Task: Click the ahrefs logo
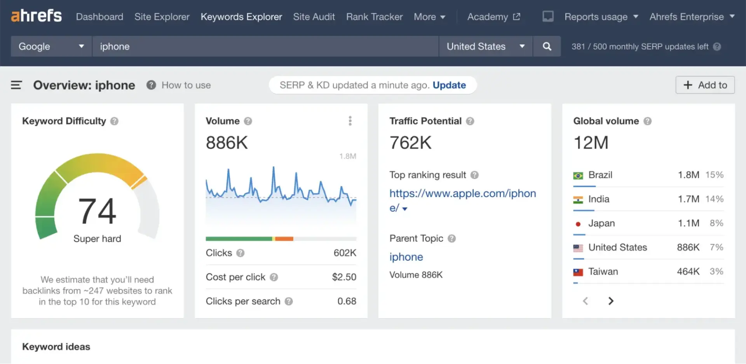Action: [x=36, y=16]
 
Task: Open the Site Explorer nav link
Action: [x=162, y=17]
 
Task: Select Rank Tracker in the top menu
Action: [x=374, y=17]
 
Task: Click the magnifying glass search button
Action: [x=547, y=47]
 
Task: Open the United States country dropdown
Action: [x=485, y=47]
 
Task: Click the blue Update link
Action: [x=449, y=85]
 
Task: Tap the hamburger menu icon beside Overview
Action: [x=16, y=85]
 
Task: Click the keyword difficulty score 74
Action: [x=97, y=211]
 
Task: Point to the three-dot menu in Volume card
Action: [x=350, y=121]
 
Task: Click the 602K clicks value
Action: [x=345, y=253]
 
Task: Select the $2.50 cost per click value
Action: [x=344, y=277]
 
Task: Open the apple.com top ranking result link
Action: [x=462, y=193]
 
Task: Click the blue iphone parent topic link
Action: [x=406, y=257]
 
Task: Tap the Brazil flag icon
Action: [x=578, y=176]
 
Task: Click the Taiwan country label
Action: [x=603, y=272]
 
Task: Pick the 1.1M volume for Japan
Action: [x=688, y=223]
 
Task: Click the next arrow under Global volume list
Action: [x=611, y=301]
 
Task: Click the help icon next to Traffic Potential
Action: [x=470, y=121]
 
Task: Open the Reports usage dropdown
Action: [x=601, y=17]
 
